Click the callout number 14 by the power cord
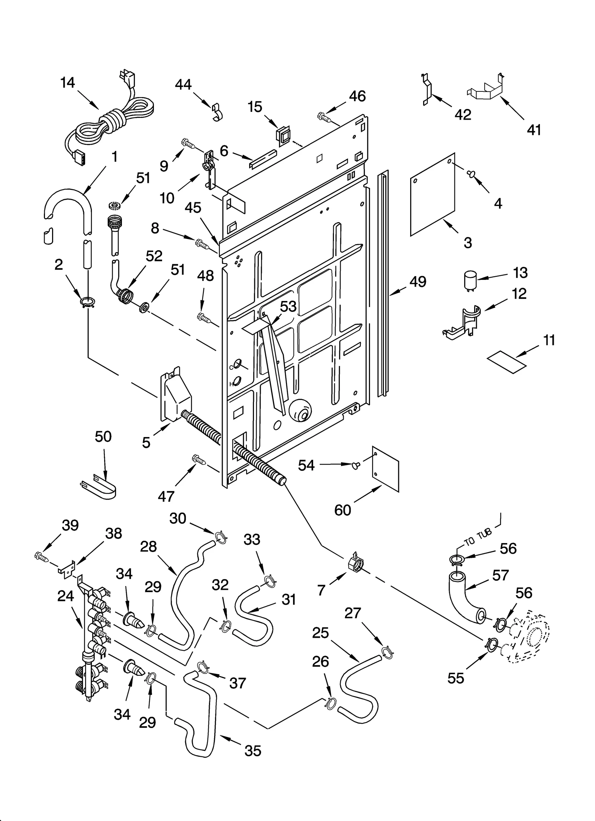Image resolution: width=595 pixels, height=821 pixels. point(68,83)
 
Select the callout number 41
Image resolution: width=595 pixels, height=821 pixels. point(534,130)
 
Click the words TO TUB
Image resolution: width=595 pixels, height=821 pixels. point(477,538)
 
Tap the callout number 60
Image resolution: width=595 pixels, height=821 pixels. point(342,510)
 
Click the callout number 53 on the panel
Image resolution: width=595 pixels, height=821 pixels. point(288,307)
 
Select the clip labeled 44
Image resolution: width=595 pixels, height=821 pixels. point(215,112)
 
